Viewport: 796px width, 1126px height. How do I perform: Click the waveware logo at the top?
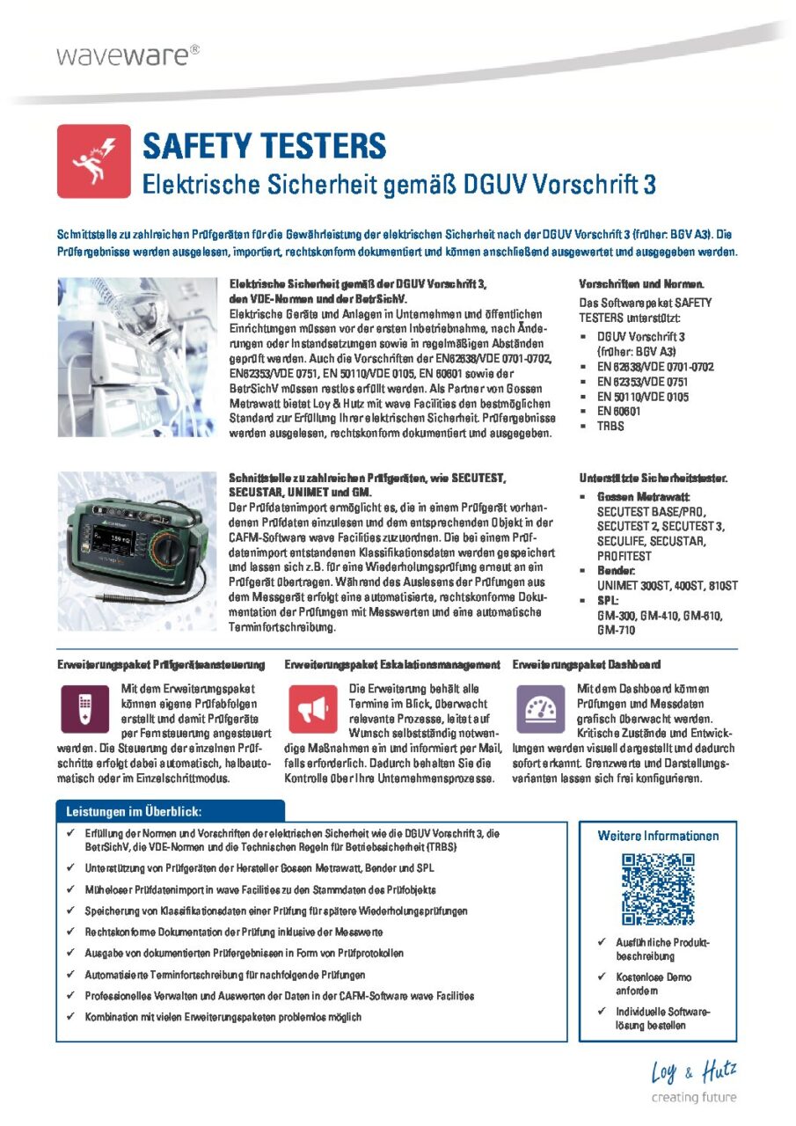pos(128,55)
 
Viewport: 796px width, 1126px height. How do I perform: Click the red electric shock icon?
pos(94,161)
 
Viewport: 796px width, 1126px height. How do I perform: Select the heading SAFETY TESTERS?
pos(264,146)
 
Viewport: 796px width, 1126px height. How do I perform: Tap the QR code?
pos(659,888)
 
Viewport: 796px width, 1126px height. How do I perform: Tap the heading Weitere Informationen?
pos(658,836)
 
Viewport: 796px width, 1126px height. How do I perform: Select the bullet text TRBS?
pos(610,426)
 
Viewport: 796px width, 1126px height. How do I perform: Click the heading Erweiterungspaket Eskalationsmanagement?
pos(393,664)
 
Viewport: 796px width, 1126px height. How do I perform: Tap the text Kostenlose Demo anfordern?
pos(653,983)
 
